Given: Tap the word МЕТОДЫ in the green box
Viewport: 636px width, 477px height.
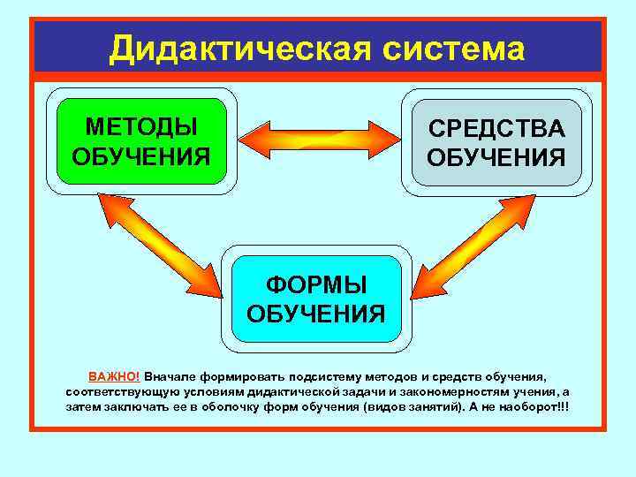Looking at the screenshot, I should coord(141,126).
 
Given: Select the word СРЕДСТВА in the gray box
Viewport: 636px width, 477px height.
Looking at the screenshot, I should coord(496,128).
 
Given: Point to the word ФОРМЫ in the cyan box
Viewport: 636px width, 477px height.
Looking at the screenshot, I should coord(317,284).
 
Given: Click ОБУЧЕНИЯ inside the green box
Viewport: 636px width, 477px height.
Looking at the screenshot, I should coord(141,156).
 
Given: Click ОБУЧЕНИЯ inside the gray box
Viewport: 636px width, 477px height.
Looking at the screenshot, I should coord(496,158).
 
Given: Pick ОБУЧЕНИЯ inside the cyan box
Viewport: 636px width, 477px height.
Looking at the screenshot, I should coord(317,314).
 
